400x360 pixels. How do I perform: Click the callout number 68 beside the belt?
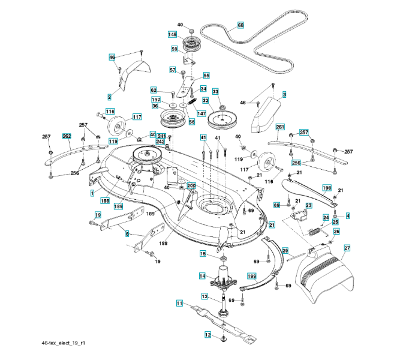pyautogui.click(x=240, y=25)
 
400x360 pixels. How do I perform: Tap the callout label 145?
pyautogui.click(x=173, y=35)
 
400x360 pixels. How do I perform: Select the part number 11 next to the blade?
pyautogui.click(x=179, y=304)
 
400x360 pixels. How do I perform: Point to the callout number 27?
pyautogui.click(x=347, y=248)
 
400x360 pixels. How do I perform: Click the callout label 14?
pyautogui.click(x=203, y=276)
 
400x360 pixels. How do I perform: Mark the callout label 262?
pyautogui.click(x=67, y=136)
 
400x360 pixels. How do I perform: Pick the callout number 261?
pyautogui.click(x=280, y=127)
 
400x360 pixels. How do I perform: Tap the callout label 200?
pyautogui.click(x=191, y=186)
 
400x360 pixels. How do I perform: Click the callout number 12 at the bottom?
pyautogui.click(x=208, y=335)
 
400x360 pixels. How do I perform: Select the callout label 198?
pyautogui.click(x=327, y=188)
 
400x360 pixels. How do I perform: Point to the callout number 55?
pyautogui.click(x=206, y=76)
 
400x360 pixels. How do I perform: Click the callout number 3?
pyautogui.click(x=284, y=94)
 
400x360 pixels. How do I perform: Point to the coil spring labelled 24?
pyautogui.click(x=313, y=230)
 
